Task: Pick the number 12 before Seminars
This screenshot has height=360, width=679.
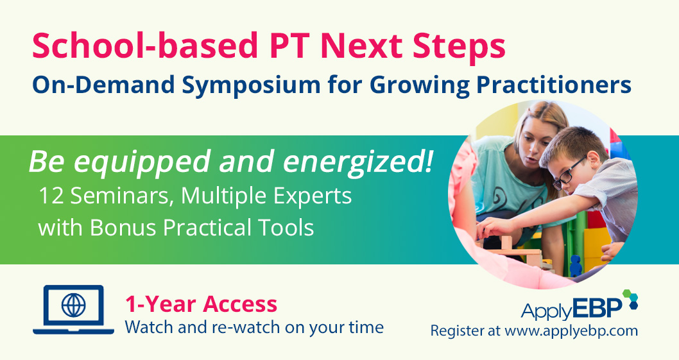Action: click(x=51, y=196)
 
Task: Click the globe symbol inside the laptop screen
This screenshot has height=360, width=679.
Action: click(x=73, y=305)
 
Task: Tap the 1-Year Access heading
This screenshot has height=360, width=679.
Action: click(x=201, y=304)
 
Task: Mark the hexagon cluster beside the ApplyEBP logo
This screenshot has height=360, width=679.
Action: click(x=631, y=300)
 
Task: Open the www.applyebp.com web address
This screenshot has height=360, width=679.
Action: click(x=571, y=332)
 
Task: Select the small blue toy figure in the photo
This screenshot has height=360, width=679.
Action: click(x=575, y=262)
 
